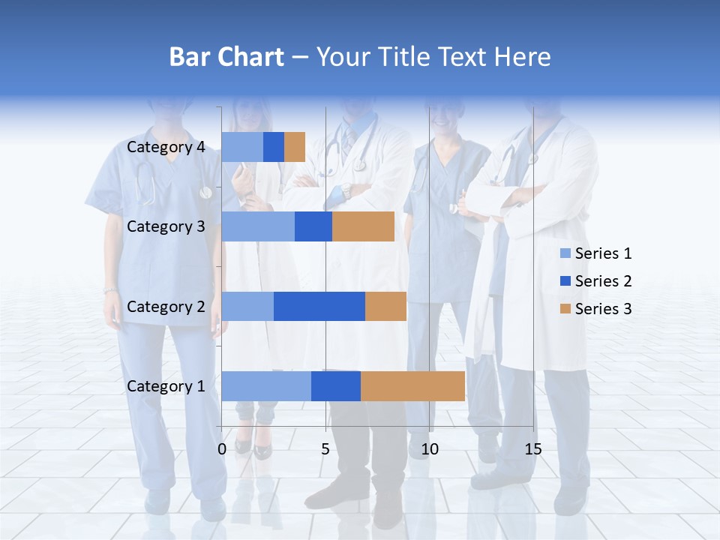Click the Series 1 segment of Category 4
[x=242, y=147]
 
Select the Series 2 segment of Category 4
[x=274, y=147]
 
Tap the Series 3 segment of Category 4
[x=295, y=147]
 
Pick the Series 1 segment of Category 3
[x=258, y=226]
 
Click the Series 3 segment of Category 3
[x=363, y=226]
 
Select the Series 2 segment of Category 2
[x=319, y=306]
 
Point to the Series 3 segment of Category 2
[x=385, y=306]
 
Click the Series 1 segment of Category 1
[x=266, y=386]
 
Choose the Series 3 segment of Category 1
[x=412, y=386]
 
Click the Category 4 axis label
[x=166, y=147]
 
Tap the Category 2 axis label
[x=166, y=306]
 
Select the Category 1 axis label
[x=166, y=386]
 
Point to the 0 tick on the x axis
[x=222, y=449]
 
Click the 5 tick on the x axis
[x=325, y=449]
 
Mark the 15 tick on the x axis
[x=533, y=449]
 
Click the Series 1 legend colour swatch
[x=565, y=253]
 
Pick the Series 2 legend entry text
[x=603, y=281]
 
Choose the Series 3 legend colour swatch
[x=565, y=309]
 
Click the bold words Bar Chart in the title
[x=226, y=57]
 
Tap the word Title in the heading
[x=404, y=57]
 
